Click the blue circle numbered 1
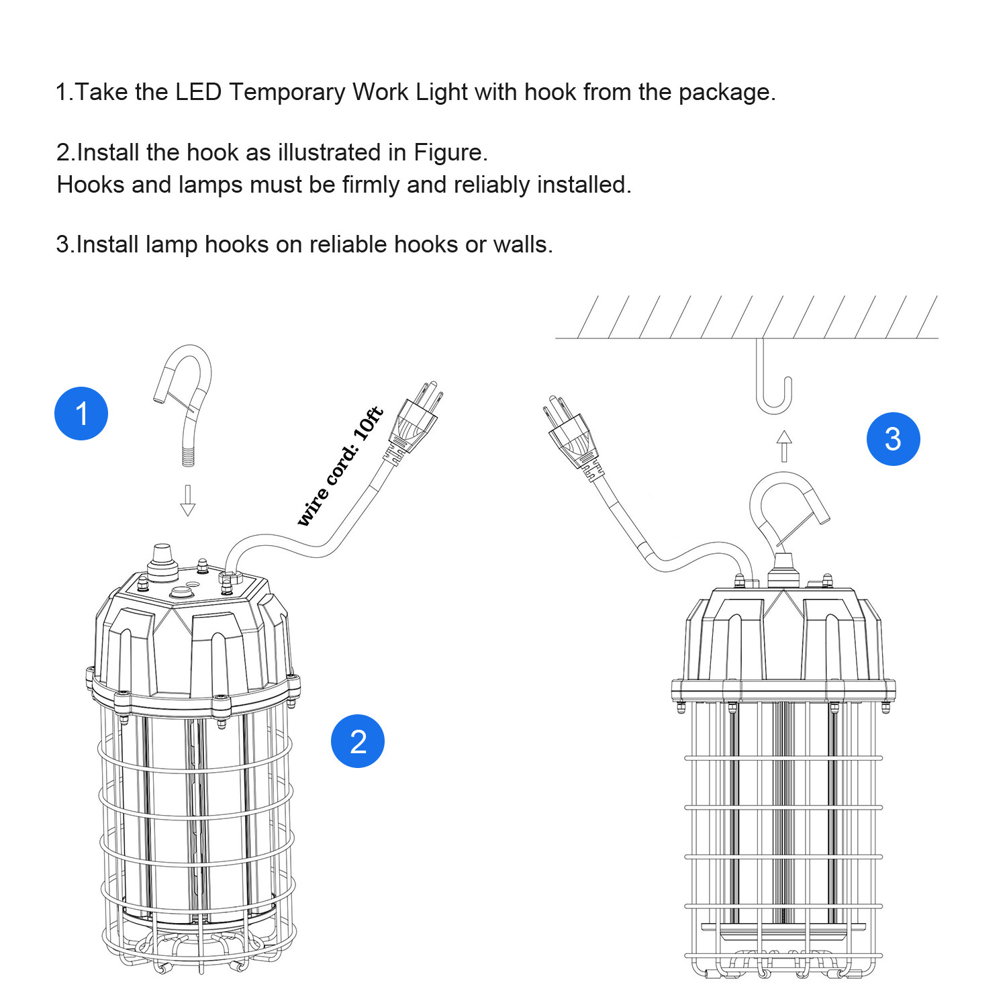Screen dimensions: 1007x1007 tap(81, 414)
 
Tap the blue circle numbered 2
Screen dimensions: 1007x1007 tap(358, 741)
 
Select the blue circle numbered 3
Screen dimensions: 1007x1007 tap(893, 439)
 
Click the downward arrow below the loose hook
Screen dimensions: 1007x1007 tap(188, 500)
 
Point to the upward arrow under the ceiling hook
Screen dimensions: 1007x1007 tap(784, 446)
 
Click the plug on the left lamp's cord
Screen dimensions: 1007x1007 tap(413, 420)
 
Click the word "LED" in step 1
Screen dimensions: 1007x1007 tap(198, 92)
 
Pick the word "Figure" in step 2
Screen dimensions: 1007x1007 tap(447, 152)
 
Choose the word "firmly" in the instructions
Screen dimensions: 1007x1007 tap(371, 185)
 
